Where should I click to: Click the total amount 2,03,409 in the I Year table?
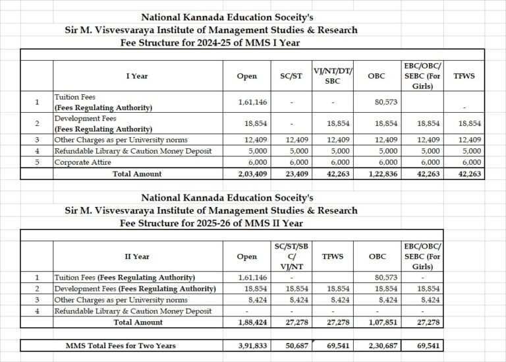tap(246, 174)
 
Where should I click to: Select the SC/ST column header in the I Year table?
tap(291, 76)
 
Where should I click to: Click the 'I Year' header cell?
tap(137, 76)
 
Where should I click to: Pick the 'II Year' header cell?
tap(137, 256)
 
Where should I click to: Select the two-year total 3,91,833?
tap(246, 346)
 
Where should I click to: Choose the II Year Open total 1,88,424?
tap(246, 323)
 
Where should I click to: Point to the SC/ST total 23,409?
tap(291, 174)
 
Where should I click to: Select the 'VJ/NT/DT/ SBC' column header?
tap(335, 76)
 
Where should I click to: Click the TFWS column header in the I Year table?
tap(464, 76)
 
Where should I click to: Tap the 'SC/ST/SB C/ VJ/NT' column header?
tap(291, 256)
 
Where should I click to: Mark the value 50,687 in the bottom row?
tap(291, 346)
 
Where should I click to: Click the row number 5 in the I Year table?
tap(38, 162)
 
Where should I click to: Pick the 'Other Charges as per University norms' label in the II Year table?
tap(121, 300)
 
